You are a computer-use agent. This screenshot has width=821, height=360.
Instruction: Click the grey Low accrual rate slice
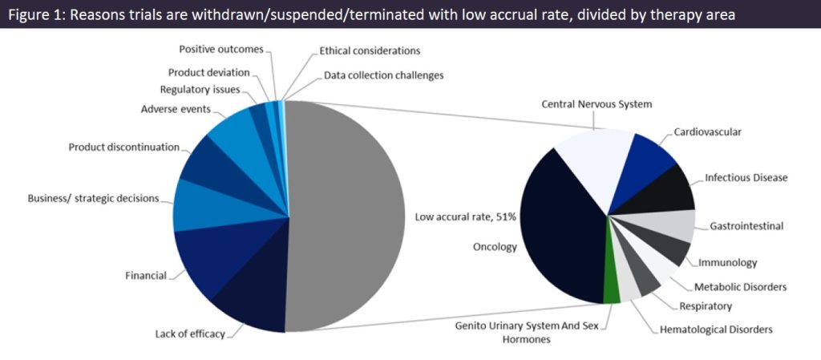pyautogui.click(x=345, y=216)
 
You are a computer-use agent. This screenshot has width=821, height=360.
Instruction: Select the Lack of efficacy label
pyautogui.click(x=190, y=334)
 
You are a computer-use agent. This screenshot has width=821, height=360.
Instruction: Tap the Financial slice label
pyautogui.click(x=145, y=276)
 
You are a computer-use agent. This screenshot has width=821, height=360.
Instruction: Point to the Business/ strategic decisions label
pyautogui.click(x=93, y=198)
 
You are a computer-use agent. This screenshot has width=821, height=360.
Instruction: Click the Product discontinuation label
pyautogui.click(x=123, y=147)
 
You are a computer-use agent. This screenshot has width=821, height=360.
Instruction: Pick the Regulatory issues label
pyautogui.click(x=200, y=89)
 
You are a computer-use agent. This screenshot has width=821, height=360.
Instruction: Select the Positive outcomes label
pyautogui.click(x=220, y=50)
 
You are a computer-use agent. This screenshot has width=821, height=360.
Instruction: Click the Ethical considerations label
pyautogui.click(x=370, y=51)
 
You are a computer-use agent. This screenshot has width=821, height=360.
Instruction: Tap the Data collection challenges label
pyautogui.click(x=383, y=75)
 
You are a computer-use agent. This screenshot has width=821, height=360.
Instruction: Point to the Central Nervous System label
pyautogui.click(x=597, y=104)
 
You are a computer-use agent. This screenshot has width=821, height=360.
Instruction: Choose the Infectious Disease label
pyautogui.click(x=746, y=177)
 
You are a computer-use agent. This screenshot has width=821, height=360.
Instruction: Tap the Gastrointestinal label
pyautogui.click(x=746, y=226)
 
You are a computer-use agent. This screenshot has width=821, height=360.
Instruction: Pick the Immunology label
pyautogui.click(x=727, y=262)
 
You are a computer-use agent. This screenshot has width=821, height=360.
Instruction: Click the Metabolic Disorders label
pyautogui.click(x=740, y=286)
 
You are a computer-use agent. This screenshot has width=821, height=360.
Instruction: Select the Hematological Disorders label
pyautogui.click(x=716, y=329)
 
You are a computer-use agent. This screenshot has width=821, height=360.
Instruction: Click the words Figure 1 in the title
pyautogui.click(x=36, y=14)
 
